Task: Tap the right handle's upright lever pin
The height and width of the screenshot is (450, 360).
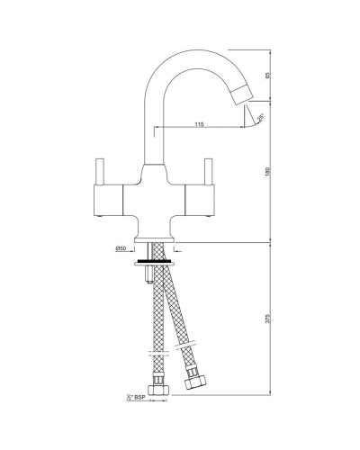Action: click(210, 170)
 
